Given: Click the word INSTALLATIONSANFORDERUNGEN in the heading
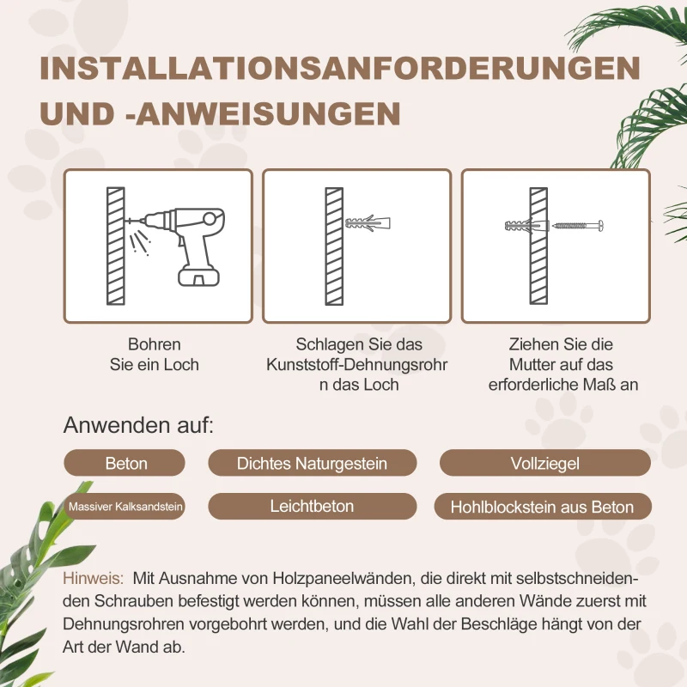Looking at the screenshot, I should click(339, 69).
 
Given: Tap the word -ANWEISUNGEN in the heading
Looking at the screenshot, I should click(263, 113).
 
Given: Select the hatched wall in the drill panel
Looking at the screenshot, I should click(114, 246).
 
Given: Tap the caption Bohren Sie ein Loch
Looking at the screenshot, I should click(155, 354).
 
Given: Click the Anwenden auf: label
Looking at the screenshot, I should click(138, 425).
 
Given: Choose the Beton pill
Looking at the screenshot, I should click(125, 463).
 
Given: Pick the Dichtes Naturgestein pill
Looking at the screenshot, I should click(312, 463).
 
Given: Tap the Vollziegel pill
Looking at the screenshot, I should click(544, 463).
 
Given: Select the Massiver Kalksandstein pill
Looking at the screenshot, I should click(125, 507).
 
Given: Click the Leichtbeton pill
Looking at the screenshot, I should click(312, 507).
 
